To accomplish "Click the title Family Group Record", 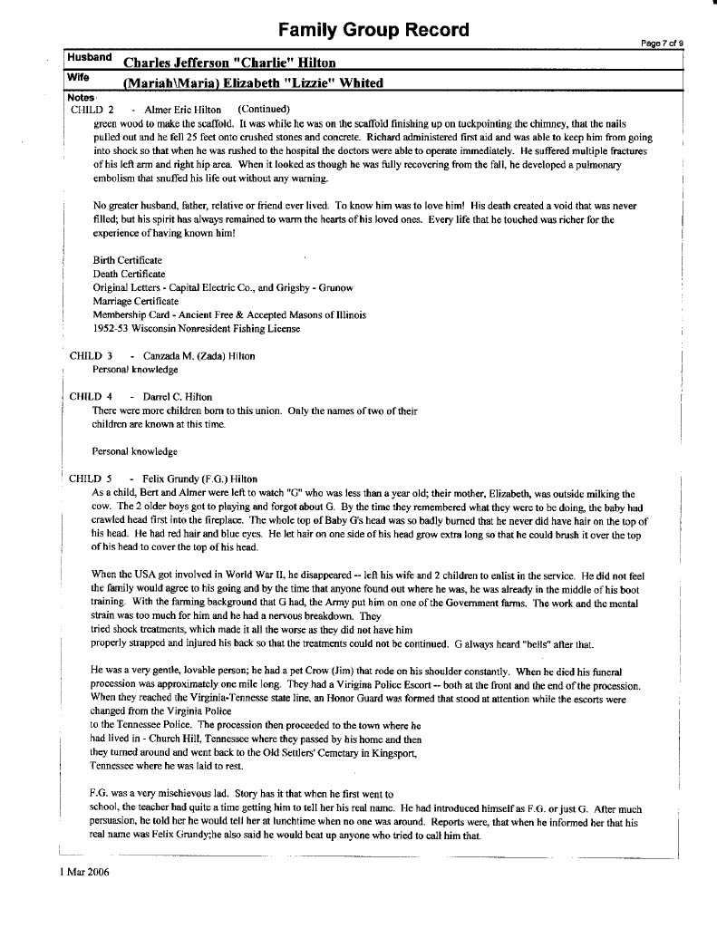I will (x=373, y=30).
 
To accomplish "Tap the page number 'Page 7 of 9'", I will (x=662, y=43).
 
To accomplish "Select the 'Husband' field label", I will (x=88, y=58).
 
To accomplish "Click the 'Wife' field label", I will (x=79, y=78).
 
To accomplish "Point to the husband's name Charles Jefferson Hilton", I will (x=229, y=63).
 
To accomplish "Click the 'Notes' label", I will (x=81, y=96).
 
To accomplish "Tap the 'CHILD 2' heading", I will (x=92, y=109).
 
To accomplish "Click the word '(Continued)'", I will (x=263, y=109).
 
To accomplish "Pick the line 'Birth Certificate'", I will (x=128, y=261).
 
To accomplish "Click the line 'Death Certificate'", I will (x=129, y=274).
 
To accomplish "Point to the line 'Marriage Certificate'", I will (x=136, y=301).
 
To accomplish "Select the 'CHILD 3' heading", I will (x=91, y=356).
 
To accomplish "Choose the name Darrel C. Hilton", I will (x=178, y=397).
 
